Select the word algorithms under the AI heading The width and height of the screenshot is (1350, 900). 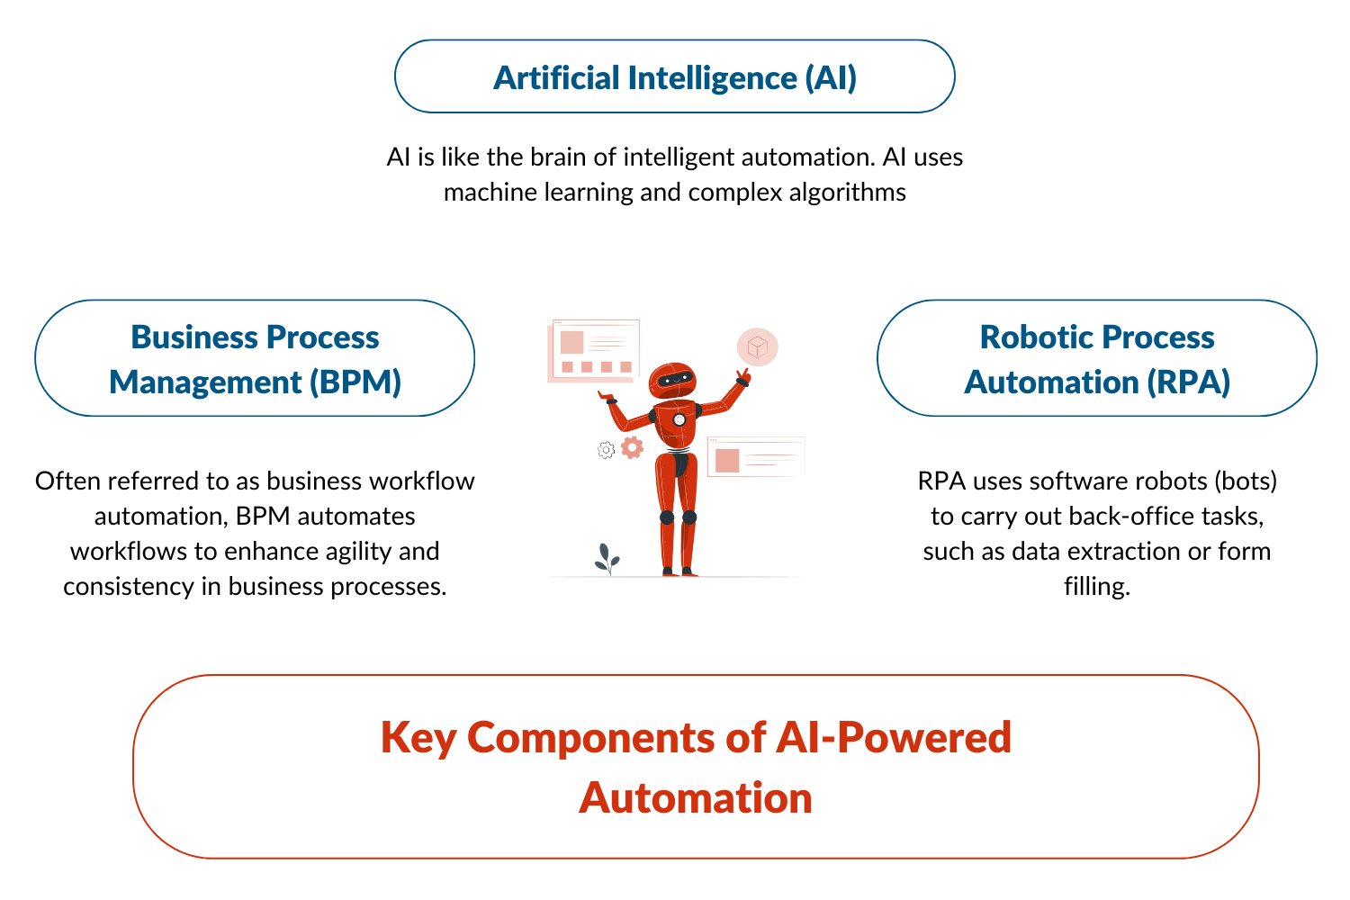[848, 193]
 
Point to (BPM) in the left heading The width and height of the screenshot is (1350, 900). [355, 382]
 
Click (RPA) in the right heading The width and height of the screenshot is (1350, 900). [1188, 382]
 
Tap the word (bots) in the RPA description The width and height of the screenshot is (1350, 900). [1246, 481]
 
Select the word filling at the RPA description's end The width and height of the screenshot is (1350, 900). [1095, 587]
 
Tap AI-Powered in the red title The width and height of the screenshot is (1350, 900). [893, 738]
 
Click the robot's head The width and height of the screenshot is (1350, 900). [672, 380]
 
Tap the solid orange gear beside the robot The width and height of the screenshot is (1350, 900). [633, 447]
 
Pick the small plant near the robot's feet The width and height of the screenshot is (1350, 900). [607, 559]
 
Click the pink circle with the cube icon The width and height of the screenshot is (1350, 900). [758, 346]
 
